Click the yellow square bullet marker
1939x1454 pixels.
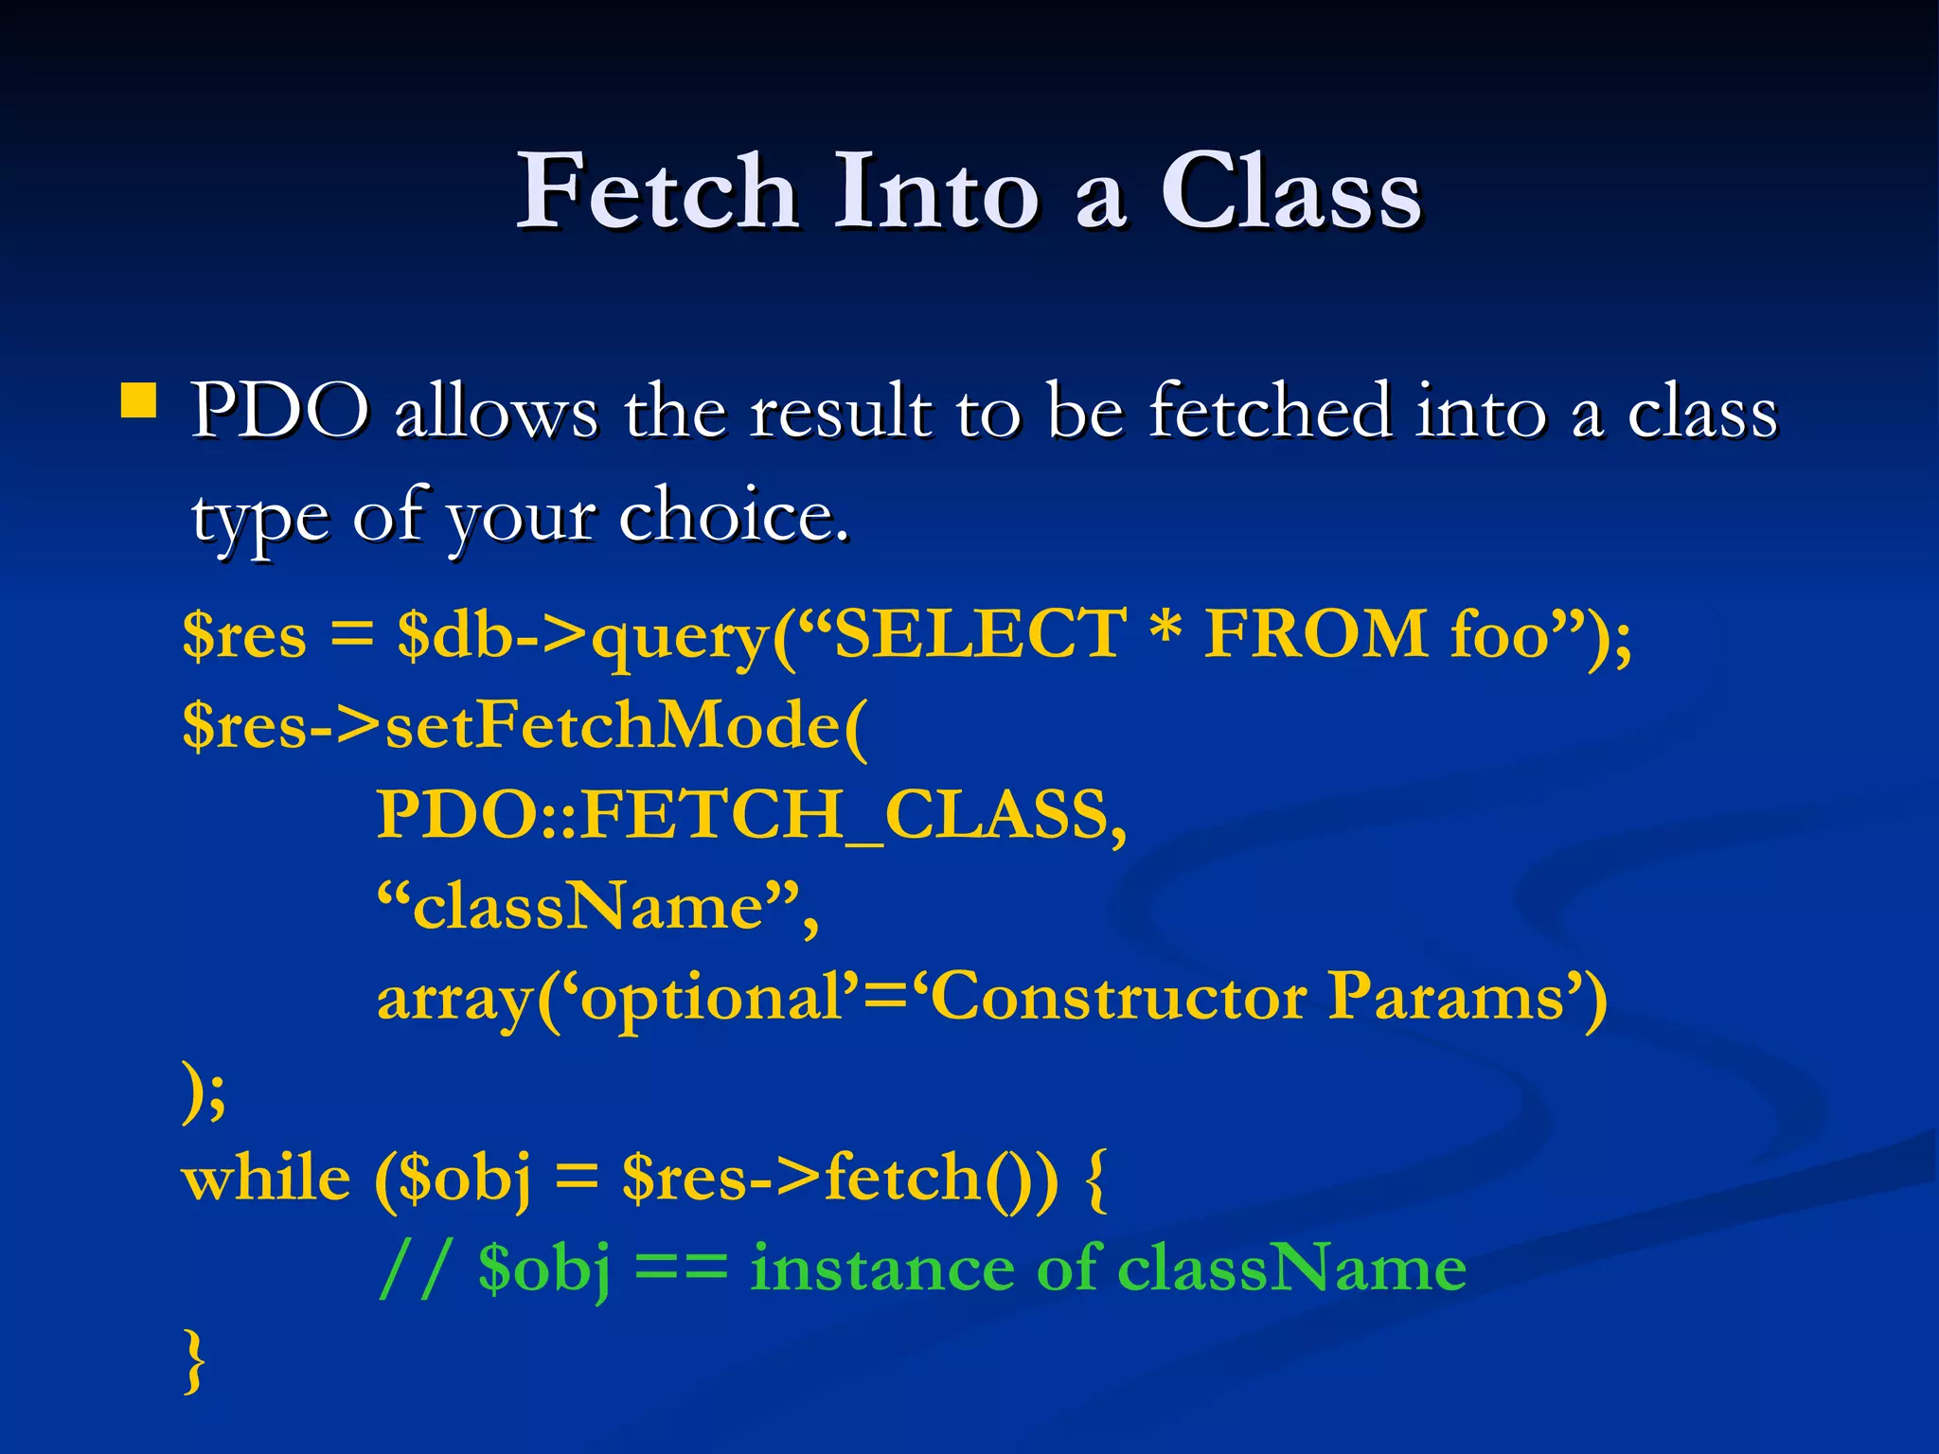click(x=139, y=400)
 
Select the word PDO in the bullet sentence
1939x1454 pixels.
click(x=280, y=411)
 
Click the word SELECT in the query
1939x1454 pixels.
click(x=981, y=633)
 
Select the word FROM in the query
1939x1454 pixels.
click(x=1316, y=633)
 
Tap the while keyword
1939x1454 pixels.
click(x=266, y=1179)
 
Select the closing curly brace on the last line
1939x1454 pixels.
click(x=194, y=1359)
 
